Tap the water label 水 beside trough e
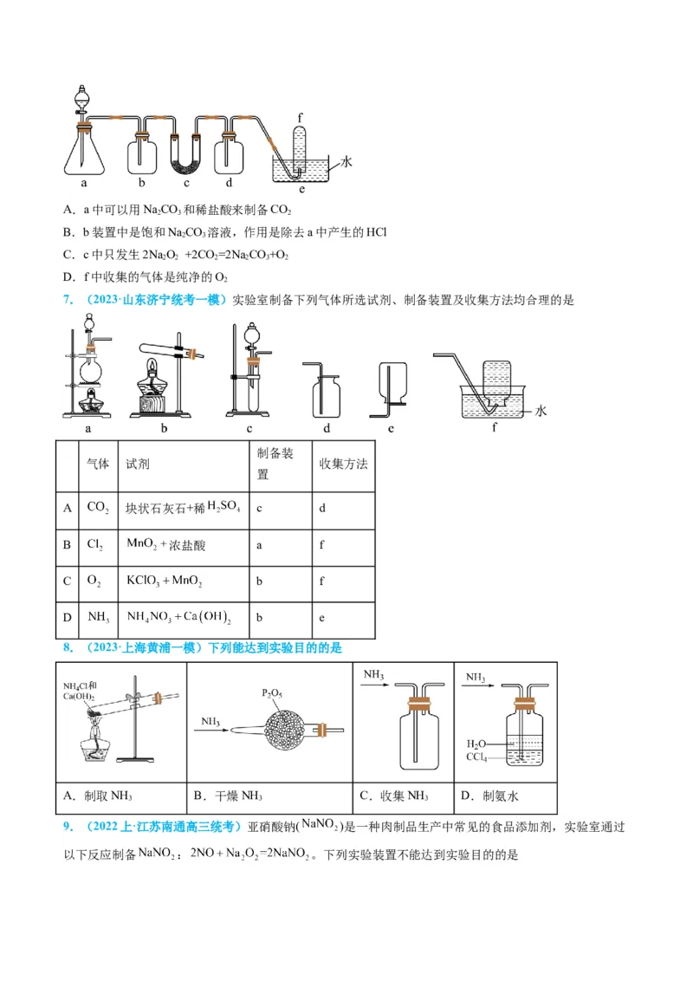(x=346, y=162)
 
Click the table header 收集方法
(x=344, y=464)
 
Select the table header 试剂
(x=139, y=464)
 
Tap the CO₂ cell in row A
(x=97, y=509)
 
